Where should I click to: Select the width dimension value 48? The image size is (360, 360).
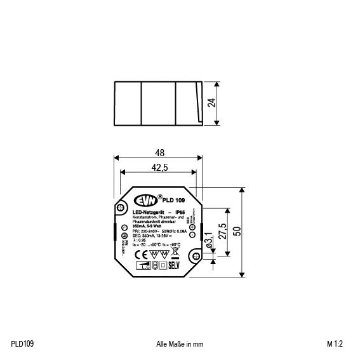159,153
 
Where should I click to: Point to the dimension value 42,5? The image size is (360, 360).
159,168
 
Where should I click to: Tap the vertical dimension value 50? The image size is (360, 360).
237,232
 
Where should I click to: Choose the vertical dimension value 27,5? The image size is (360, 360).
222,229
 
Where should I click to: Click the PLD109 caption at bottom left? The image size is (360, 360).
22,343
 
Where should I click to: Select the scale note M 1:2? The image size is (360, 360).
335,343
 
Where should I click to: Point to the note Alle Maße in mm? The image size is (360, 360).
179,343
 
